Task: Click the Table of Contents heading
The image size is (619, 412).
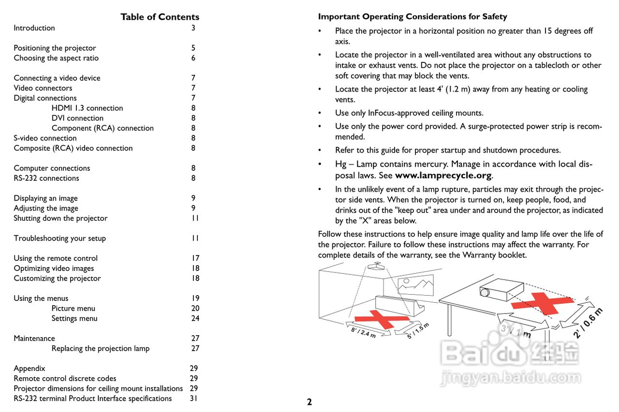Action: [160, 17]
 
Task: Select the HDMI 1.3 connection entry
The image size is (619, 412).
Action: [87, 108]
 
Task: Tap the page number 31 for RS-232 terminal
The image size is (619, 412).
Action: [194, 398]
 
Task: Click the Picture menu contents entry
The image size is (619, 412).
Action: [73, 308]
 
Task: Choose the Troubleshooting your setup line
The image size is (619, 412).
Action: [59, 238]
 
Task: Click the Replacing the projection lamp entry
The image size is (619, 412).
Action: [100, 348]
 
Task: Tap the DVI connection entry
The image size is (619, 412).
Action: [77, 118]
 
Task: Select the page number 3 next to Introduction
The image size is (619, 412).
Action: [193, 28]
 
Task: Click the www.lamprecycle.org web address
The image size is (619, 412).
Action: [443, 175]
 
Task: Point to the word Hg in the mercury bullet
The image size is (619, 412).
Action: [340, 164]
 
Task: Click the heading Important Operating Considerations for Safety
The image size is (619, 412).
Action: [413, 17]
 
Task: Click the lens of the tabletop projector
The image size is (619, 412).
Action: [485, 292]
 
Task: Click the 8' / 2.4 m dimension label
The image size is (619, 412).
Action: [363, 333]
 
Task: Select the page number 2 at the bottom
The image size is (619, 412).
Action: [309, 402]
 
